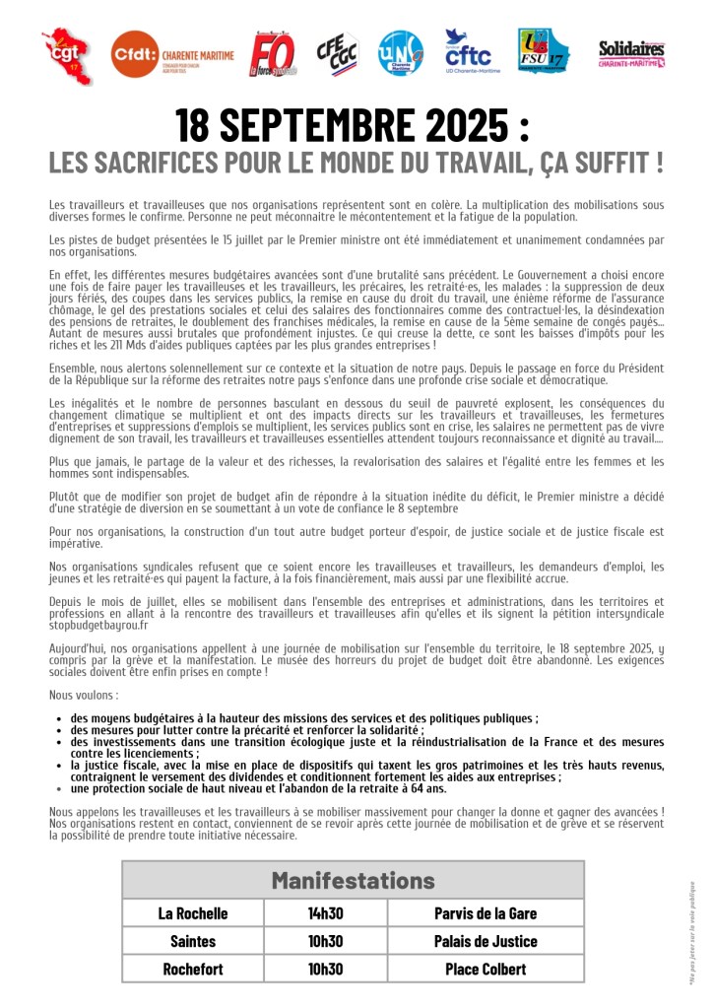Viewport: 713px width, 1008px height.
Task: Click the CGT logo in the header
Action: (67, 54)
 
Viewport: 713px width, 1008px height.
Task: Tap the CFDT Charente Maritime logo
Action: (171, 55)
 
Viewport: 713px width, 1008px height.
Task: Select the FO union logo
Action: (272, 54)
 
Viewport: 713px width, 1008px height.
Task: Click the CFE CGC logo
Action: (338, 53)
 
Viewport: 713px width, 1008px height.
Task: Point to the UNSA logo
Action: (401, 54)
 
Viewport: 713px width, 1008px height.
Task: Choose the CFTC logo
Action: (472, 52)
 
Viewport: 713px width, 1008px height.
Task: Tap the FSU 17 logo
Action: (543, 52)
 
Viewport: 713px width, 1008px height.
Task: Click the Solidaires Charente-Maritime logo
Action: (631, 53)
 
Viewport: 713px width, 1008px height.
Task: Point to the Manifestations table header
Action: (353, 879)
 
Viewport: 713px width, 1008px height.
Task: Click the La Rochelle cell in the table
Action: (193, 912)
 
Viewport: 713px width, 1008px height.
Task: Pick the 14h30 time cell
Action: (325, 912)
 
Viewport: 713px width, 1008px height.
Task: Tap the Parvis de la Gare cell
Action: (486, 912)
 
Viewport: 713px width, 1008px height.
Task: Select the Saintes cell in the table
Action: (193, 941)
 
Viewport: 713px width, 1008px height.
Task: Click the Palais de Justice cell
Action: (486, 941)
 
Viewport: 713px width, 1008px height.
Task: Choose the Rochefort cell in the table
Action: (193, 969)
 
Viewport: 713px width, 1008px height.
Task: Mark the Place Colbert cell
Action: (486, 969)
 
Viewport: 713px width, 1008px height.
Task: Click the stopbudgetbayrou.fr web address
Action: (98, 625)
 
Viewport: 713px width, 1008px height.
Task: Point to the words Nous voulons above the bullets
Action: (80, 695)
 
